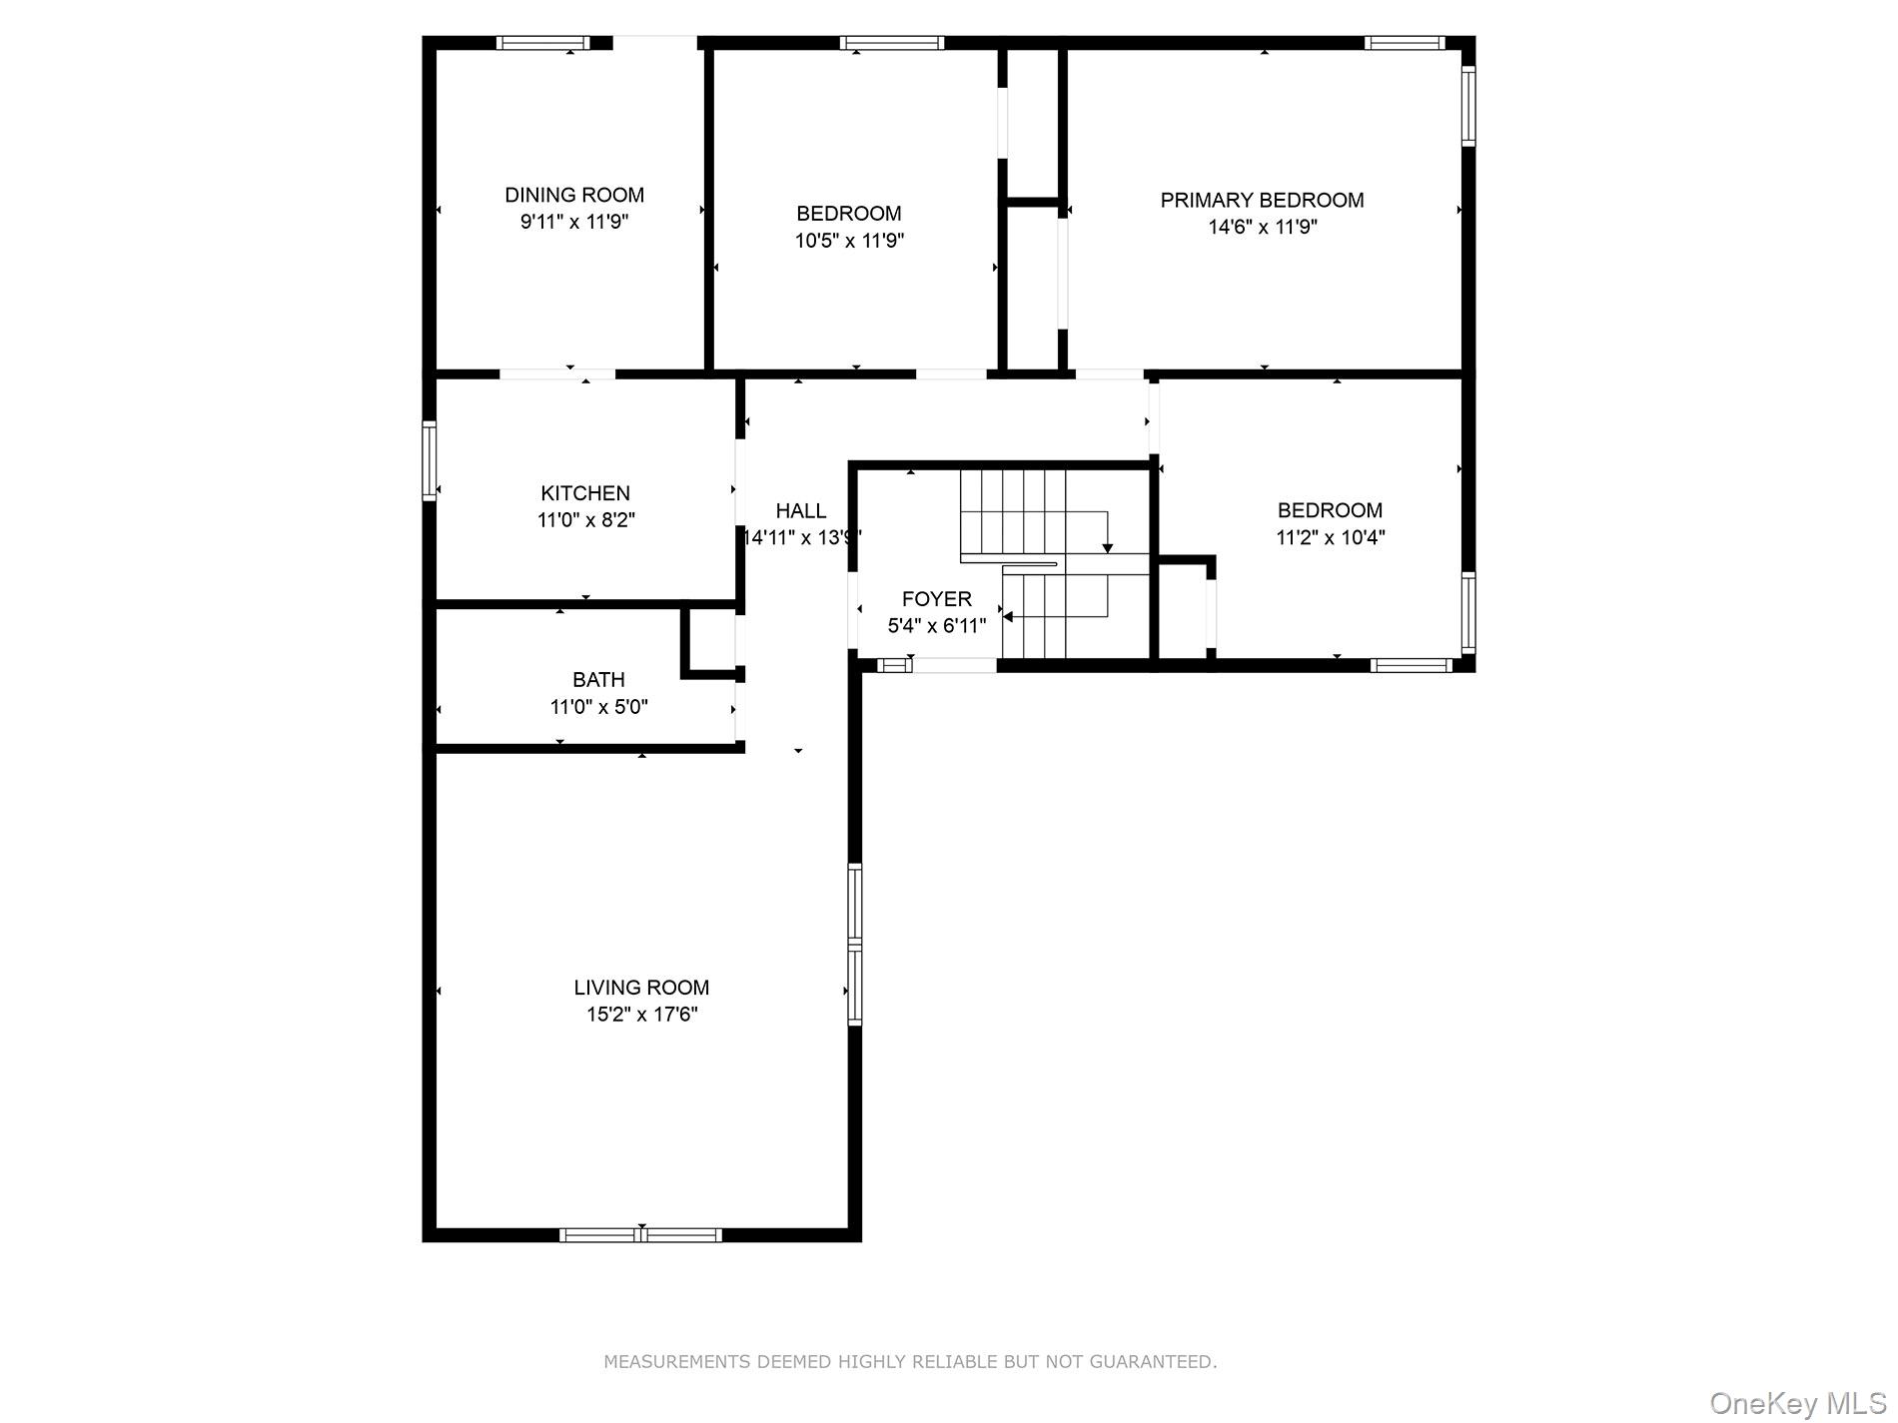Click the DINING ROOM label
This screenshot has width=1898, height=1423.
[574, 195]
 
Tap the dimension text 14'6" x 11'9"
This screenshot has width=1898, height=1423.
[1263, 227]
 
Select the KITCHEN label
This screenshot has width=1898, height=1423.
[585, 493]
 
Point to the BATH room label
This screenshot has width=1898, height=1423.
[598, 680]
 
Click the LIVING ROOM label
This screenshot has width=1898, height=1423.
[641, 988]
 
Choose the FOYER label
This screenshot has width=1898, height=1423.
[936, 599]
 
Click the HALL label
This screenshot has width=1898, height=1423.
[801, 511]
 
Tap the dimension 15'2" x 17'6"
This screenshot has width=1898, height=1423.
[641, 1015]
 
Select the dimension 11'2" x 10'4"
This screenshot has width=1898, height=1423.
[1330, 537]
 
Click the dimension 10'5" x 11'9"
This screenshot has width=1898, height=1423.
[849, 241]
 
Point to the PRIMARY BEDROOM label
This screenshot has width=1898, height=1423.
[1262, 200]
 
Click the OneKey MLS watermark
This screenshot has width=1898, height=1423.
[1797, 1403]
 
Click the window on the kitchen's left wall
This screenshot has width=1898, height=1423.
[430, 460]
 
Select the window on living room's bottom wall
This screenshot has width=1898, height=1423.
[640, 1235]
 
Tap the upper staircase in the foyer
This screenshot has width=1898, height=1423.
[1014, 509]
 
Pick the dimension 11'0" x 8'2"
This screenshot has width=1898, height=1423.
[585, 520]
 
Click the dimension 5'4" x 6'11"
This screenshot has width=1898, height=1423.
[936, 626]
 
